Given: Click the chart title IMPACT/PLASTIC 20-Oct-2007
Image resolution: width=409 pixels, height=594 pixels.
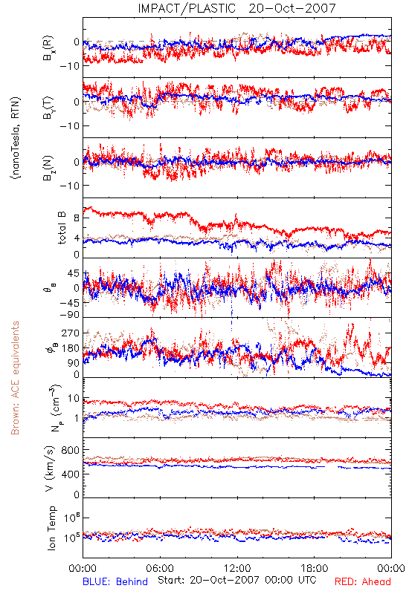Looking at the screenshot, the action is (236, 8).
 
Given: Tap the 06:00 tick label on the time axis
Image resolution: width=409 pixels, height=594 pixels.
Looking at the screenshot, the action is (160, 568).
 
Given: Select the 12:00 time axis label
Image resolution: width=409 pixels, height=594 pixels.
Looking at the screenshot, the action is (237, 568).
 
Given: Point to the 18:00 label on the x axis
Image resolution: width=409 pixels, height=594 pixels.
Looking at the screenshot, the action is (315, 568).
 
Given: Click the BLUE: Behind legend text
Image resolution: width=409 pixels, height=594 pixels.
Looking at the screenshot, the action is (115, 581).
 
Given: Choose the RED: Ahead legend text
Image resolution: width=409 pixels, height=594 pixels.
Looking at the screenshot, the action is (363, 581).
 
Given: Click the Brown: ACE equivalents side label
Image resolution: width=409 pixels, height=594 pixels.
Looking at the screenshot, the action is (15, 378).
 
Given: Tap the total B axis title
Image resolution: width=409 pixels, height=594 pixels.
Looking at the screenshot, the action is (62, 228).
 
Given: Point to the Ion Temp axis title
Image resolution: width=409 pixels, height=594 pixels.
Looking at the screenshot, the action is (51, 527).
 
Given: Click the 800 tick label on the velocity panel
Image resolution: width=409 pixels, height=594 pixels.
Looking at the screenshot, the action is (71, 450).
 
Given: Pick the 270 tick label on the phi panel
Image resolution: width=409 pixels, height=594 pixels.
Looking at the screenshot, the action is (71, 333).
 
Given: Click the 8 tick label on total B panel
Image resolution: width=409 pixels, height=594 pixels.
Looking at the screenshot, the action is (77, 218).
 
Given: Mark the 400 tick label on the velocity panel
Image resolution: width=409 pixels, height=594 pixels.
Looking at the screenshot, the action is (71, 474).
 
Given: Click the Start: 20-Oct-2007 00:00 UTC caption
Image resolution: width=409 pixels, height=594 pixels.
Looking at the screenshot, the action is (237, 580).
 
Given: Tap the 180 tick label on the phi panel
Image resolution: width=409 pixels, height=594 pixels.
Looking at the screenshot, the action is (71, 348).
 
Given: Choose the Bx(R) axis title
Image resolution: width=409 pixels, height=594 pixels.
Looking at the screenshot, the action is (48, 48).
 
